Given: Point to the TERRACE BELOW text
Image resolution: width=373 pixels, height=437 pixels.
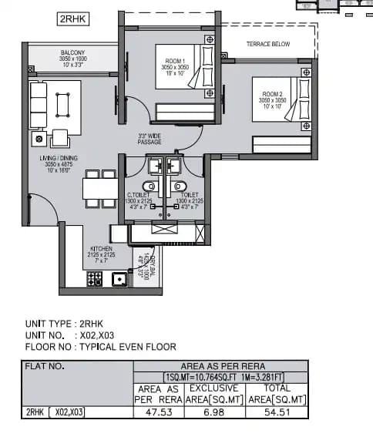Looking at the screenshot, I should coord(267,44).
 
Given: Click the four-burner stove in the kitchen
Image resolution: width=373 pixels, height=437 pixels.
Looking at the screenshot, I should coord(95,279).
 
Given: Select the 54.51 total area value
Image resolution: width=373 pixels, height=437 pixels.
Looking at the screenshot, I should coord(276,412).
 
